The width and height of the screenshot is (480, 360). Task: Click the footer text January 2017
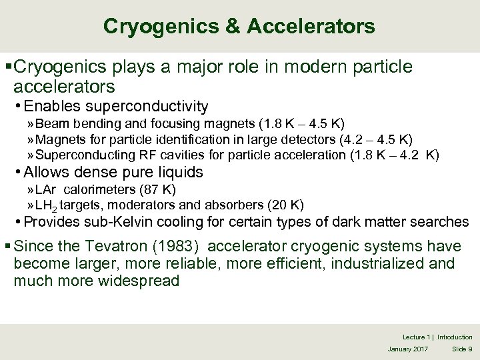coord(409,349)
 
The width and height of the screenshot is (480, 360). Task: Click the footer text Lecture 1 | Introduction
coord(437,337)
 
